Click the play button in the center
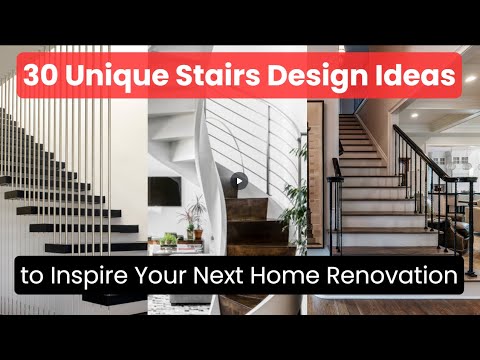(239, 181)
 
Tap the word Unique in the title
(118, 76)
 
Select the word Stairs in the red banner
(218, 75)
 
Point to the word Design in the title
(318, 76)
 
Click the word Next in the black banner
(218, 275)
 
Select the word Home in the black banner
(284, 275)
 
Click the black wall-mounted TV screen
(165, 191)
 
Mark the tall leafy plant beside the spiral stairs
(295, 197)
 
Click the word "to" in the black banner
(32, 276)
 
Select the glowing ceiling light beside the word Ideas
(470, 79)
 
